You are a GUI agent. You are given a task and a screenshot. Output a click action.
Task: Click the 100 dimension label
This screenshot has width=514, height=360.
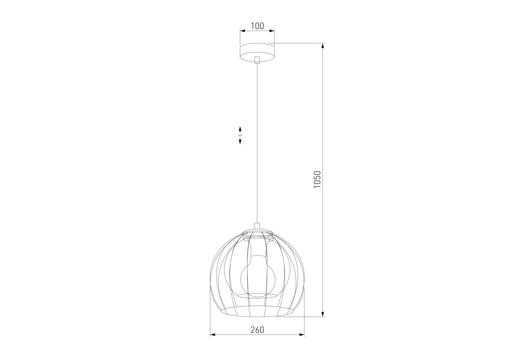(257, 26)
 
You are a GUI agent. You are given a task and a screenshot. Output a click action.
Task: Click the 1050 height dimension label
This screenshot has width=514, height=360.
(317, 179)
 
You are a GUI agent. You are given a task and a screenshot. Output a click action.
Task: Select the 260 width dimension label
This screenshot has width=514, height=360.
(257, 330)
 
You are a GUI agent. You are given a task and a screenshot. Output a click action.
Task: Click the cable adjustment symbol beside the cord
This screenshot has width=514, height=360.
(240, 135)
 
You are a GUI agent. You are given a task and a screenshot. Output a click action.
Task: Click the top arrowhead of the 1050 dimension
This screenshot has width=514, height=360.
(322, 46)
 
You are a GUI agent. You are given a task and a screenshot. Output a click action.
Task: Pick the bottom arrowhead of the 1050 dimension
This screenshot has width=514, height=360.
(322, 314)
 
